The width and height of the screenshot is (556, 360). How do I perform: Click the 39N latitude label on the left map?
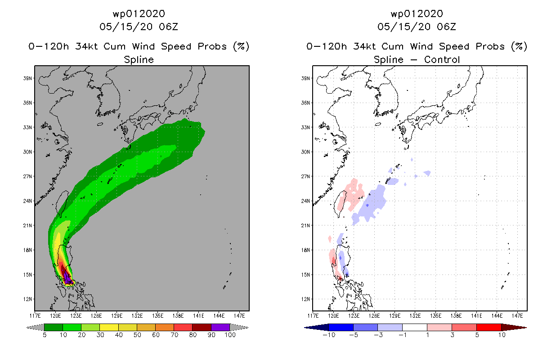pos(27,78)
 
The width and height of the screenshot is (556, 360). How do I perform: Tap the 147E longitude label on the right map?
pos(517,316)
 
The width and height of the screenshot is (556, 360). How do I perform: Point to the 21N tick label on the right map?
pos(305,226)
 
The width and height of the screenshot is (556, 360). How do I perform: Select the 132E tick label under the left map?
pos(137,316)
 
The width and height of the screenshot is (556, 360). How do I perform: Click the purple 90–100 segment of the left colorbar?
pos(220,328)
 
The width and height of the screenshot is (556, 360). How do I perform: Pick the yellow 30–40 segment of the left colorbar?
pos(109,328)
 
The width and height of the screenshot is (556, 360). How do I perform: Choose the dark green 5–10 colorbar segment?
pos(54,328)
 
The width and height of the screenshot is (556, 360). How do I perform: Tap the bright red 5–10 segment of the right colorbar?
pos(489,328)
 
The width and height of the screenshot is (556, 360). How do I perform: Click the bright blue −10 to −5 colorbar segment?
pos(341,328)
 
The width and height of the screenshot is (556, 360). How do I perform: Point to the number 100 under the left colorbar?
pos(230,335)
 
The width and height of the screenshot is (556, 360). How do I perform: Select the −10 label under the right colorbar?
pos(329,335)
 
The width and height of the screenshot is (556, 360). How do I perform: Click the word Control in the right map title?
pos(442,60)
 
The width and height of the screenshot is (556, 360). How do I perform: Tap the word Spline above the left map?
pos(139,60)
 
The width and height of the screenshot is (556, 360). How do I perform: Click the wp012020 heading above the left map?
pos(139,14)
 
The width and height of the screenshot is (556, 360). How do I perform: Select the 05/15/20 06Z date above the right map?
pos(417,27)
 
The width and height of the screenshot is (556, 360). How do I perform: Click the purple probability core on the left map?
pos(67,278)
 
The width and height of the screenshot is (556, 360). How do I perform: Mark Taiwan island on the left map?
pos(62,203)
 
